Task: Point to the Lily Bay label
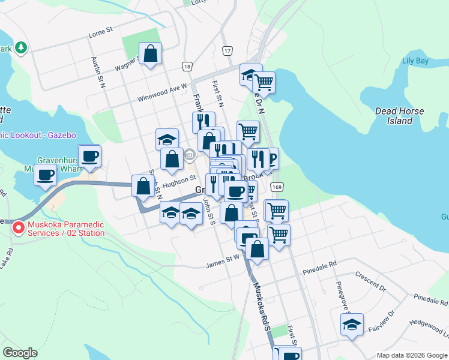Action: pos(415,61)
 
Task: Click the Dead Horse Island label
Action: pos(399,116)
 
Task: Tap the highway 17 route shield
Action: pos(227,51)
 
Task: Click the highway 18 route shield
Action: pos(188,67)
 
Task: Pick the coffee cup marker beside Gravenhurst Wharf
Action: pos(46,175)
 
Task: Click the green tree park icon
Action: pos(21,47)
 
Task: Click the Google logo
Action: pos(20,353)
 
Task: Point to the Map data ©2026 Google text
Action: pos(411,355)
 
